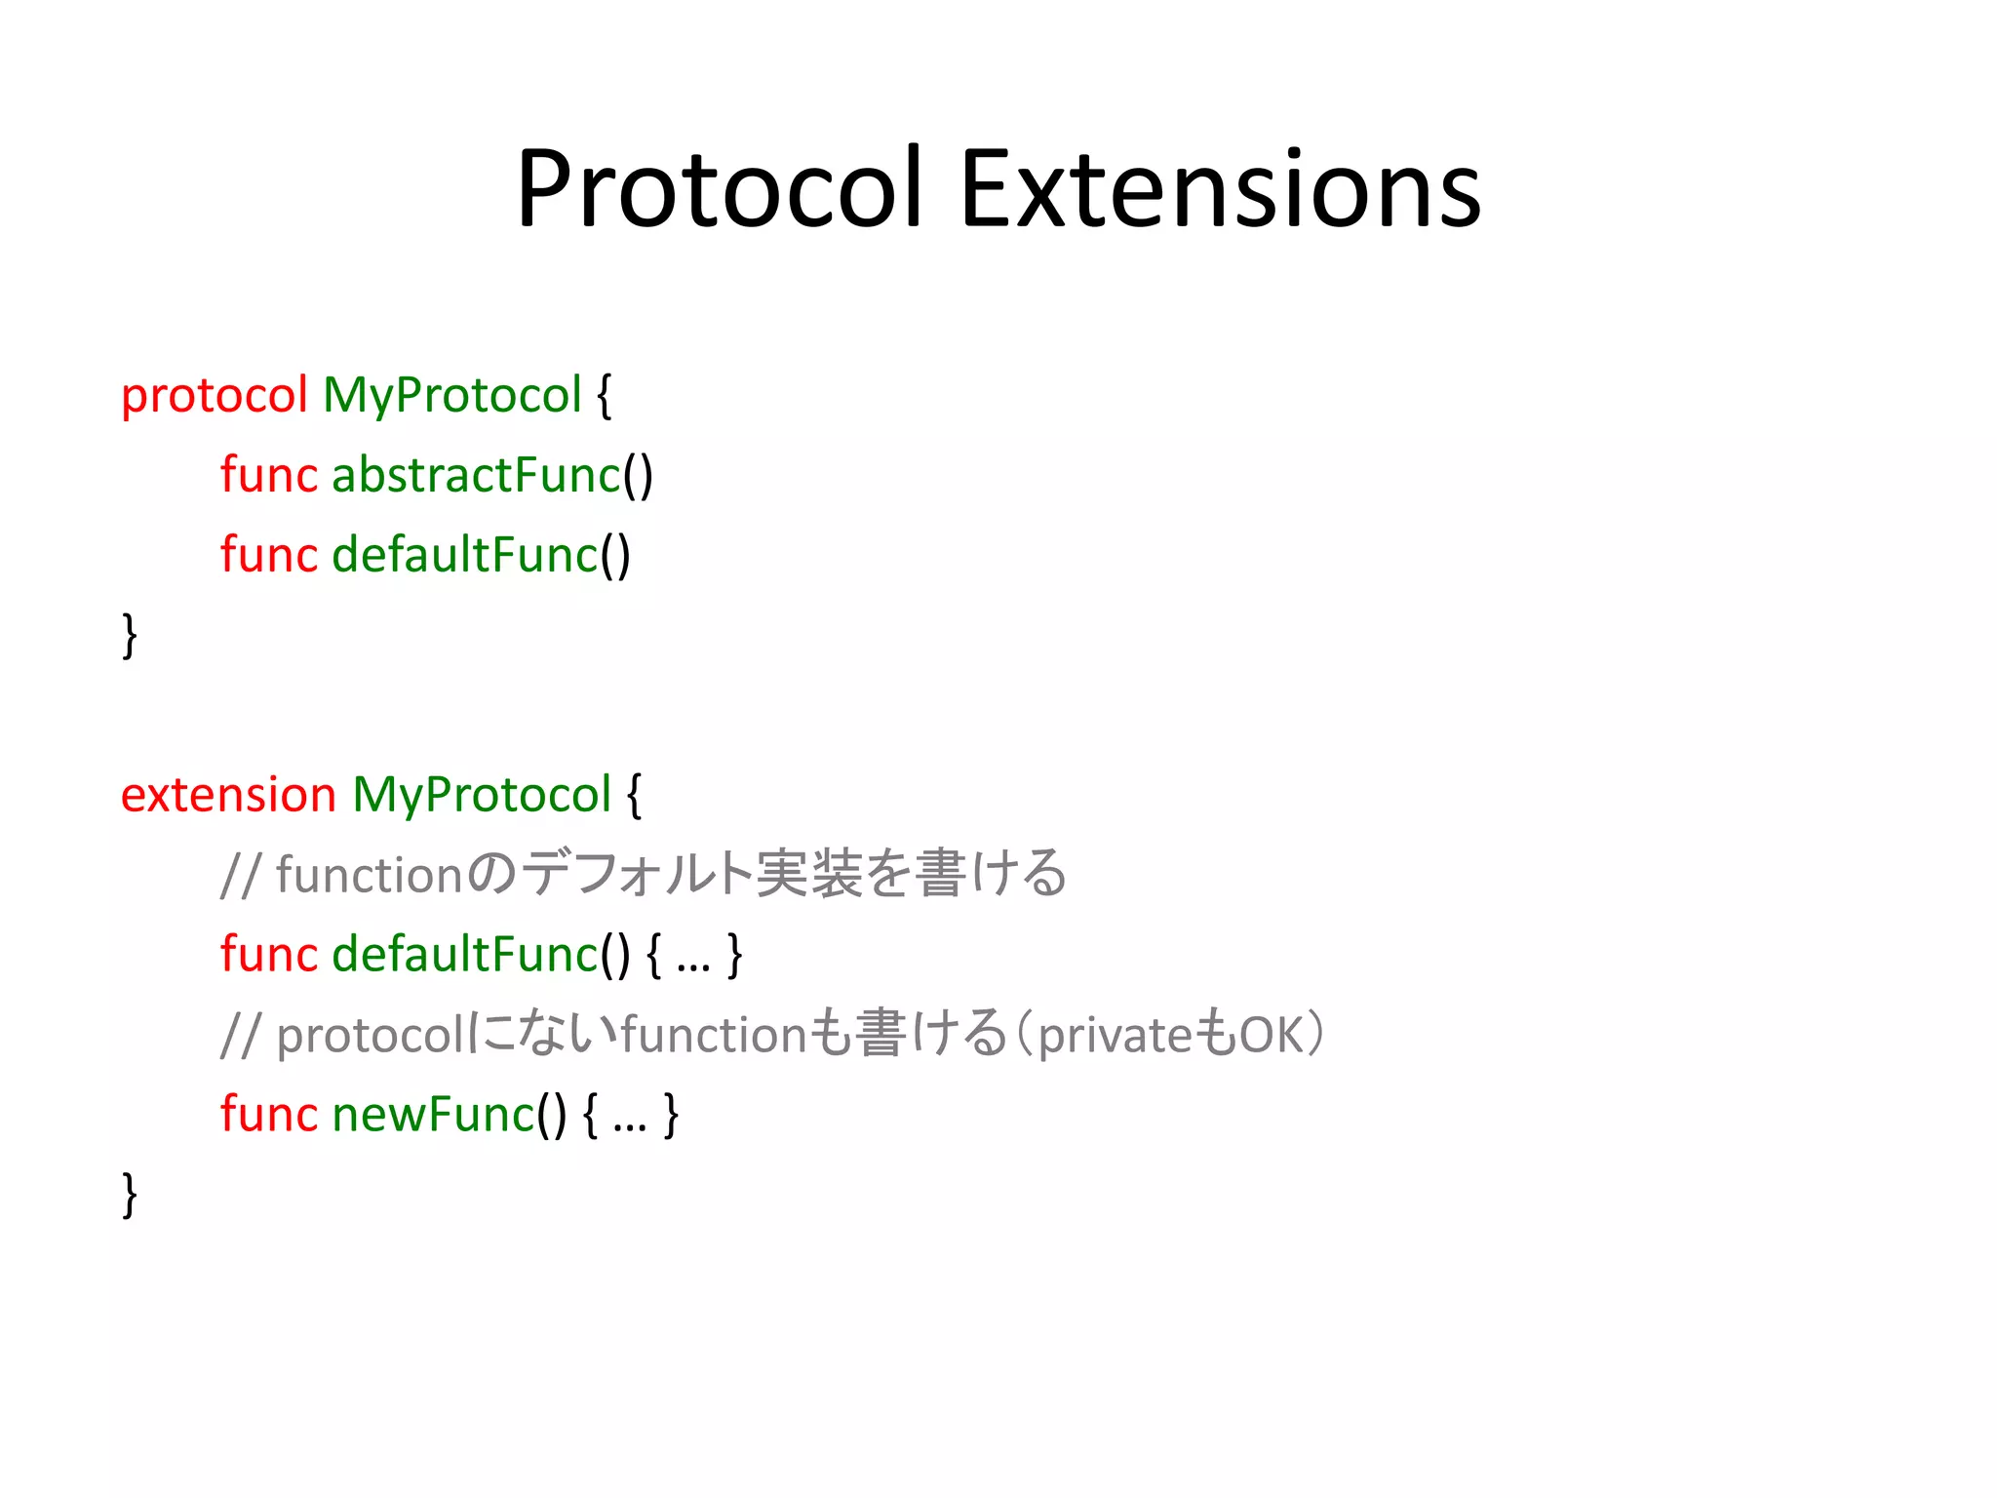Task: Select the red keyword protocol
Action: (215, 397)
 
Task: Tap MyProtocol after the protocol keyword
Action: (451, 397)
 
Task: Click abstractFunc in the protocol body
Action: (476, 476)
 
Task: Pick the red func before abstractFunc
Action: (268, 476)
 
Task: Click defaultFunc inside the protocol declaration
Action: (464, 556)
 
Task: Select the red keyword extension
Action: (228, 796)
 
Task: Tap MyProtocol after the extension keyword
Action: (482, 796)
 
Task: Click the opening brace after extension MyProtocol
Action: (635, 796)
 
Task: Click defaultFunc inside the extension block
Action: (464, 955)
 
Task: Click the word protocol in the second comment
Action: (371, 1036)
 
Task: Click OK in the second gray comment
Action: (1271, 1036)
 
